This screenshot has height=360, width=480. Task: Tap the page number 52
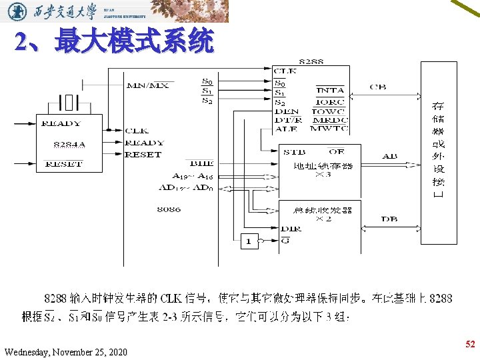470,344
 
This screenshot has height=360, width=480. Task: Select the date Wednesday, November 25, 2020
65,351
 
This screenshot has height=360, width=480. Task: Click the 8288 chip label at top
311,61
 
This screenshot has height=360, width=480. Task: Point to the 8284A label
69,143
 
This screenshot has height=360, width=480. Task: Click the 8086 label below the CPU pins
169,209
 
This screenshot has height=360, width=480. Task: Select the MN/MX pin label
147,85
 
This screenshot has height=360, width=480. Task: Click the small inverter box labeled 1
249,241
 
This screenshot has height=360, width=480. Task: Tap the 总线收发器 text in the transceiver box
323,210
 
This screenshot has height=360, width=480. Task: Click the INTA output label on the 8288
330,90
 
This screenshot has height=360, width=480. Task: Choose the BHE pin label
201,163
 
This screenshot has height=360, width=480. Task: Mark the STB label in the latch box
294,152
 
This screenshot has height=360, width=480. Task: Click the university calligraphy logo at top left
60,11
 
